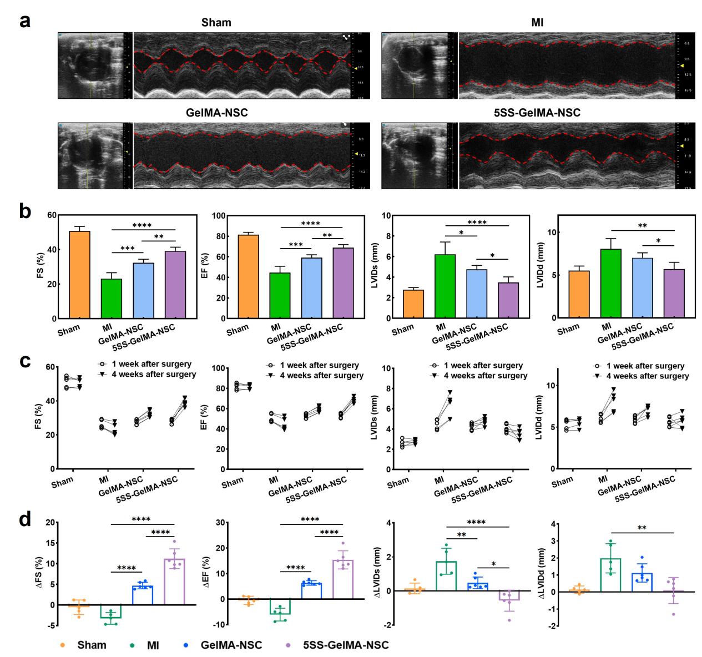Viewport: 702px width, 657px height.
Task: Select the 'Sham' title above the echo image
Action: [x=216, y=23]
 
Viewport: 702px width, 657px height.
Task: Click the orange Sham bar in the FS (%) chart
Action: [x=80, y=275]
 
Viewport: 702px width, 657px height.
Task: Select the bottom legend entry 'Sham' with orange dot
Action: [x=88, y=645]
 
